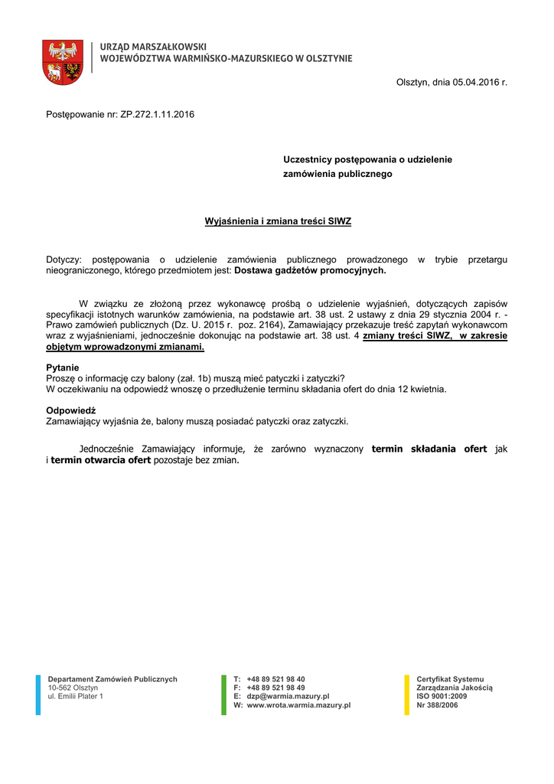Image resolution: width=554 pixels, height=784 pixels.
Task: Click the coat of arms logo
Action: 64,62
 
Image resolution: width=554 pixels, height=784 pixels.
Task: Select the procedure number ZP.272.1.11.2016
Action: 158,115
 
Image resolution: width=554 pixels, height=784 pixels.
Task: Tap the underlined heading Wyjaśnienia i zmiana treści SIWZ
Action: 278,221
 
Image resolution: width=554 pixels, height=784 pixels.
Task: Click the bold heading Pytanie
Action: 63,367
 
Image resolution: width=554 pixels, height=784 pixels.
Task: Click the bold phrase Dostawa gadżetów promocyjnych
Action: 310,270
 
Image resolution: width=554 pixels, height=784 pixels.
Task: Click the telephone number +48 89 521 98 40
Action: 275,679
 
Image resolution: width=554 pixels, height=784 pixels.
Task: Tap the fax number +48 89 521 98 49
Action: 275,688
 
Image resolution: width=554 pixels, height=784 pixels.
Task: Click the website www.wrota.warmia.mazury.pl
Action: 298,705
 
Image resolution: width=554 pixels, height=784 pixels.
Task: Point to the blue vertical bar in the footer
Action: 38,694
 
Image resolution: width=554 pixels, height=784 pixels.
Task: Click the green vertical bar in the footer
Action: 224,694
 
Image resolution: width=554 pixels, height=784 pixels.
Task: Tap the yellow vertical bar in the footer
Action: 406,694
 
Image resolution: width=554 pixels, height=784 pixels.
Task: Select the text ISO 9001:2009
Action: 442,696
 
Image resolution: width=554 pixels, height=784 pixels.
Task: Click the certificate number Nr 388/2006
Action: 437,705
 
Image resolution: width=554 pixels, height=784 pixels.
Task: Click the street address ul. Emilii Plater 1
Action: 75,696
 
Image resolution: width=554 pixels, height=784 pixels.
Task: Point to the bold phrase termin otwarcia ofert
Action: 102,461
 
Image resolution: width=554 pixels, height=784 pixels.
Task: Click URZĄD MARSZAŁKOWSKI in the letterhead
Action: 153,47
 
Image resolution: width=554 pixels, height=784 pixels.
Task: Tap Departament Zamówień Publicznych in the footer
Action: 112,679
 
